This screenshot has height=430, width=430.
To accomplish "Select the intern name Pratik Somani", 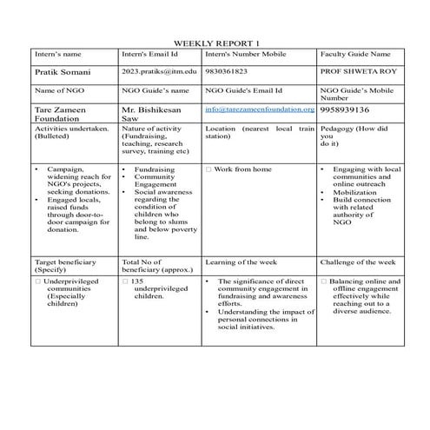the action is point(62,71).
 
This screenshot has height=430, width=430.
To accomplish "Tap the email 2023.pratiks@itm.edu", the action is point(160,71).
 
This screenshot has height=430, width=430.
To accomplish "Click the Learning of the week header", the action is point(242,261).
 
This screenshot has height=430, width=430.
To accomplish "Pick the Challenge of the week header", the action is point(357,261).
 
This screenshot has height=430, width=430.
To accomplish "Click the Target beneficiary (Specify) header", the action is point(65,266).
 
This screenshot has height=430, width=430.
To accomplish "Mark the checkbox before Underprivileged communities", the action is point(37,281).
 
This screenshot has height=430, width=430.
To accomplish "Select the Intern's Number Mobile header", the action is point(245,54).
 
